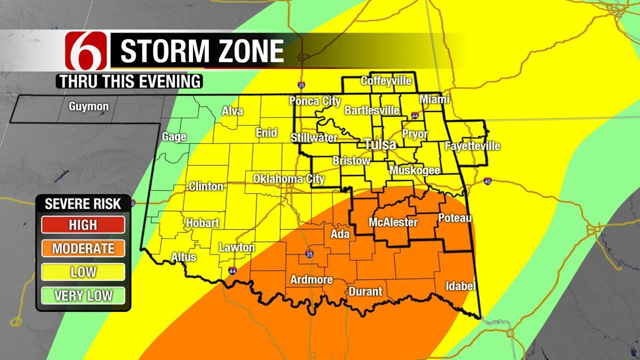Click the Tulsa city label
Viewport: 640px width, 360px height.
pyautogui.click(x=380, y=144)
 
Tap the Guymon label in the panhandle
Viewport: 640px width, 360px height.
pyautogui.click(x=88, y=106)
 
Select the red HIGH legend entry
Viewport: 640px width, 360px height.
pyautogui.click(x=83, y=225)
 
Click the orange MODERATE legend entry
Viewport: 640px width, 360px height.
pyautogui.click(x=83, y=248)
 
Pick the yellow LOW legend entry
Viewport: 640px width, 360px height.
pyautogui.click(x=83, y=272)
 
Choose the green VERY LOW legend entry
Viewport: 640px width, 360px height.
pyautogui.click(x=83, y=295)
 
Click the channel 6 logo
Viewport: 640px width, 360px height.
pyautogui.click(x=86, y=50)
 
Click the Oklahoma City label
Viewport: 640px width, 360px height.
pyautogui.click(x=288, y=178)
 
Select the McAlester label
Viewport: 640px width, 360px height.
pyautogui.click(x=393, y=222)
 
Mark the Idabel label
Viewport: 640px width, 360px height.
pyautogui.click(x=460, y=286)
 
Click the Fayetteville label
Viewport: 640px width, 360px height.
pyautogui.click(x=472, y=146)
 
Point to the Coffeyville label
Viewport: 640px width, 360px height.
pyautogui.click(x=386, y=80)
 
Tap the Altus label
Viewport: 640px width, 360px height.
pyautogui.click(x=183, y=257)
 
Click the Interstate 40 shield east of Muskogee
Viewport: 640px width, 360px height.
pyautogui.click(x=487, y=181)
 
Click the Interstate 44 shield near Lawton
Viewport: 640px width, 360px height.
pyautogui.click(x=232, y=271)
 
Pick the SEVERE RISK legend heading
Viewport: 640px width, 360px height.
pyautogui.click(x=83, y=203)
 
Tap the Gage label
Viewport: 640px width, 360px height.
pyautogui.click(x=174, y=136)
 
